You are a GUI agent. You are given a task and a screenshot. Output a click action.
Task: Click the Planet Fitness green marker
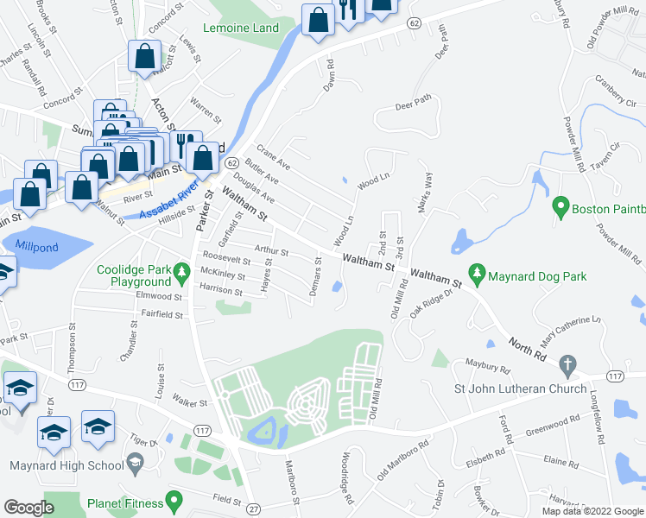click(x=174, y=500)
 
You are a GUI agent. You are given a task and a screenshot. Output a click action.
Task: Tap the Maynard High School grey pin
click(x=136, y=466)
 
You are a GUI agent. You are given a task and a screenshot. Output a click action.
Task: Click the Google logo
click(x=28, y=507)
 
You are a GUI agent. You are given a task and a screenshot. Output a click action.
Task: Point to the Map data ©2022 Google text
click(x=592, y=510)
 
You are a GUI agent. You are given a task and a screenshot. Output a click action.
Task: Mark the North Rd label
click(x=527, y=351)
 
